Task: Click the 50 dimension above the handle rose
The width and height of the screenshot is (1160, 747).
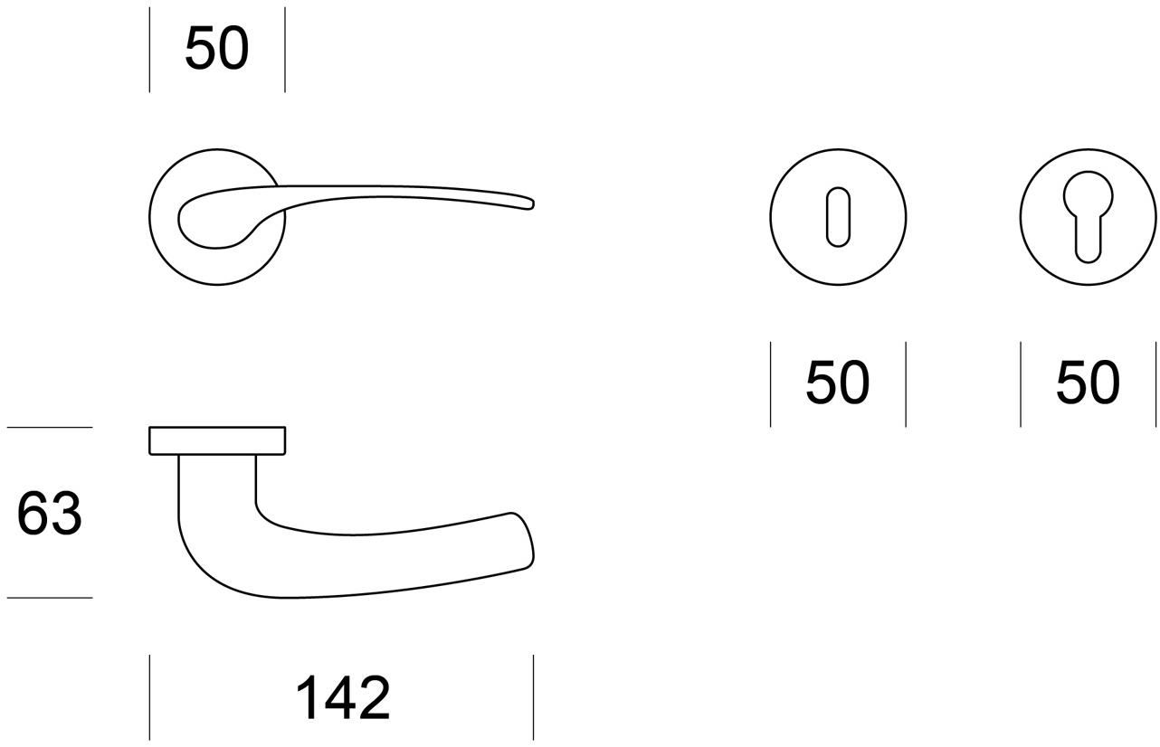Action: [x=217, y=49]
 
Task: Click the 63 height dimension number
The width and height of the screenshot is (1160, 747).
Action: [x=50, y=514]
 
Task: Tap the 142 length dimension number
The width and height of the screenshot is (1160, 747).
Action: [x=343, y=698]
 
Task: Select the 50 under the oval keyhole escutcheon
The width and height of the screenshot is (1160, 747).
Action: [x=837, y=383]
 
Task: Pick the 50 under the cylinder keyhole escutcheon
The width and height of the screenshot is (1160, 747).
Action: [x=1088, y=383]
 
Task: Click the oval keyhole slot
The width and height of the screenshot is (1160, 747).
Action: [x=838, y=217]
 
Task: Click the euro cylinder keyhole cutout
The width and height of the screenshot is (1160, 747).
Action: [x=1088, y=217]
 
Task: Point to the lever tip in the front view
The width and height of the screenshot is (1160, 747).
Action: [x=531, y=203]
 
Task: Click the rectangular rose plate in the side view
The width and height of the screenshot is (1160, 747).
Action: [x=217, y=441]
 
